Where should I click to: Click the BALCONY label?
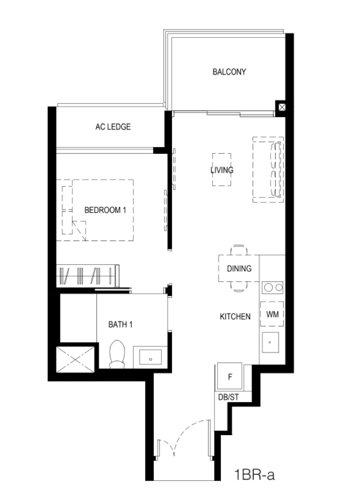click(x=229, y=72)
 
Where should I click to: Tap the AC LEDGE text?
click(x=113, y=127)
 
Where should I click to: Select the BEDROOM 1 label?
click(x=105, y=210)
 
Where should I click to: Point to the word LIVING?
click(x=222, y=170)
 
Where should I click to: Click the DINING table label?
click(x=239, y=269)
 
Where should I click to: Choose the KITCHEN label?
click(x=235, y=317)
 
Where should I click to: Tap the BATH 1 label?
click(x=121, y=324)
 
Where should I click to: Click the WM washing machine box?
click(x=272, y=314)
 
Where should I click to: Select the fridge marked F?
click(x=229, y=377)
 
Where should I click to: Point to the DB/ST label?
click(x=228, y=398)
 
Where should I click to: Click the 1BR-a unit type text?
click(x=254, y=475)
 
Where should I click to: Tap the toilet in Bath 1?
click(x=117, y=354)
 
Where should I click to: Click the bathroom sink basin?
click(x=150, y=357)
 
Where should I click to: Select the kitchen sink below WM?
click(x=270, y=342)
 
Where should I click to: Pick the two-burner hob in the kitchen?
click(x=273, y=288)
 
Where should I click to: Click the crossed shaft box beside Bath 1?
click(x=75, y=360)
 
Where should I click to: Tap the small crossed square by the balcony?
click(x=282, y=107)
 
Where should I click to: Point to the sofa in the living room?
click(x=268, y=170)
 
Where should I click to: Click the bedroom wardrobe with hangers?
click(x=88, y=275)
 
